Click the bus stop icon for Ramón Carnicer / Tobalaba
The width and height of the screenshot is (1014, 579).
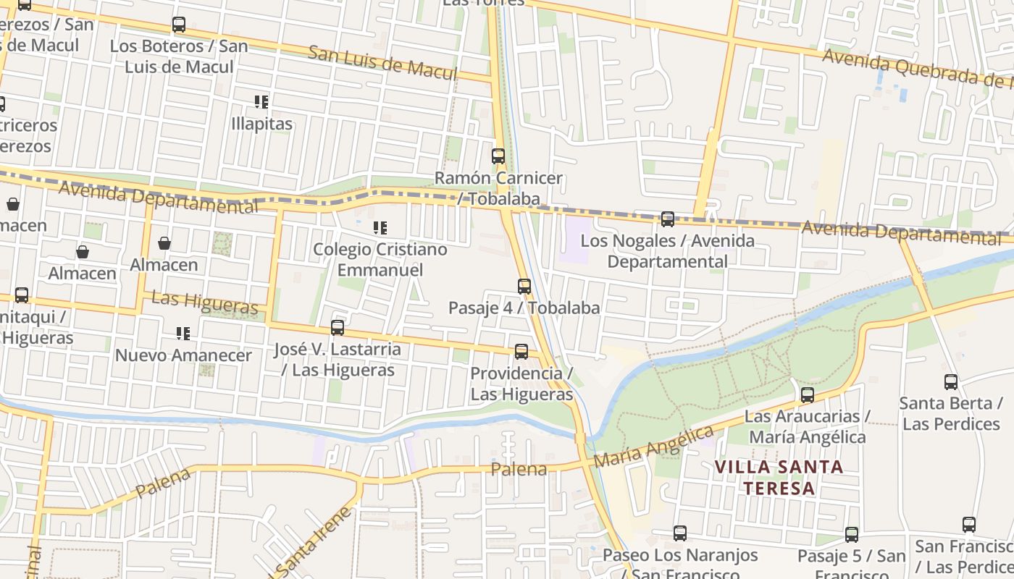(498, 156)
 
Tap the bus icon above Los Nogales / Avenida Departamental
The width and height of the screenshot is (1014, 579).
(668, 219)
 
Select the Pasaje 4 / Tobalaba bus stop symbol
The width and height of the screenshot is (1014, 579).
(524, 286)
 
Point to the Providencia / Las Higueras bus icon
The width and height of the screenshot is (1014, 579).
(521, 352)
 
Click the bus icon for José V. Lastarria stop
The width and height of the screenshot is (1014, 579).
(338, 327)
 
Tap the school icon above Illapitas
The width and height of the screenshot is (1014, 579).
(261, 102)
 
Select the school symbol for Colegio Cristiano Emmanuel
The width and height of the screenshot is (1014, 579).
(380, 228)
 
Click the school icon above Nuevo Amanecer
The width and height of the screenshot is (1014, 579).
(183, 334)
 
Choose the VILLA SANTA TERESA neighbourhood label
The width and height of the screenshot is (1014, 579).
(779, 477)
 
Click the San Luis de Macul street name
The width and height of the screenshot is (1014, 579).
(382, 63)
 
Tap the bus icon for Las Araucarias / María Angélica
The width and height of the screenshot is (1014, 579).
(808, 395)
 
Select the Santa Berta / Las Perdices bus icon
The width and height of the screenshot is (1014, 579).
(951, 381)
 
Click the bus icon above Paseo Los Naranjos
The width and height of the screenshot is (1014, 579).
(680, 533)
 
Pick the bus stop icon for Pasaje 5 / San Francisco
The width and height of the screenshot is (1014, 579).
(852, 535)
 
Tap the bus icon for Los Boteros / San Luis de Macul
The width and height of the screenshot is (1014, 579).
(179, 25)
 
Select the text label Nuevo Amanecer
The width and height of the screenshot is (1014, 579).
(183, 355)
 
